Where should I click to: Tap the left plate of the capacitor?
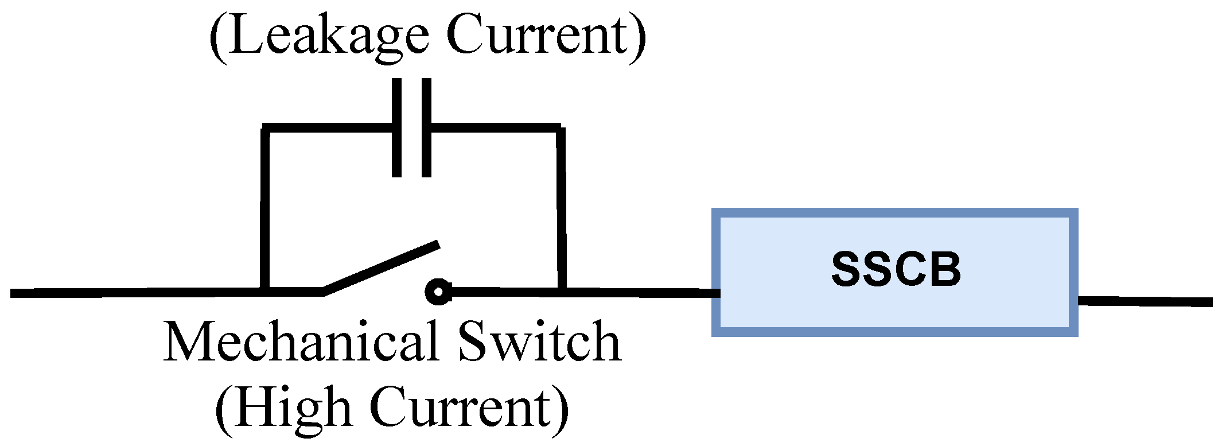point(396,127)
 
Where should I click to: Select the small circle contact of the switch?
point(438,292)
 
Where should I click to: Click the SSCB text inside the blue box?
point(896,269)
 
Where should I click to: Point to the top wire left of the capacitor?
point(327,127)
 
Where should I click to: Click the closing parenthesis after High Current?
point(561,409)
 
